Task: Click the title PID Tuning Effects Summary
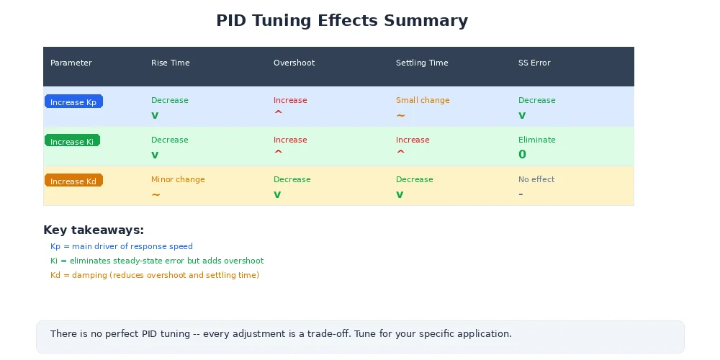point(342,20)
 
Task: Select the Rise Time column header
point(171,63)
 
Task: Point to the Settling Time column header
point(422,63)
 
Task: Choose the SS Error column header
point(534,63)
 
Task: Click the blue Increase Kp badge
point(73,102)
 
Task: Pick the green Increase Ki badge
point(72,142)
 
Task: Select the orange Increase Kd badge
point(73,181)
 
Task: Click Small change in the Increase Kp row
point(423,100)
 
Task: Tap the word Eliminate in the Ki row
point(537,140)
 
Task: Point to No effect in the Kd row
point(536,179)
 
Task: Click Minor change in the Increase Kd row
point(178,179)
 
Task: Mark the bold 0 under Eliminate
point(522,154)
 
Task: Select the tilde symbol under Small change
point(400,115)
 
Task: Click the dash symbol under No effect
point(521,194)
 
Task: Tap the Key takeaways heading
point(94,230)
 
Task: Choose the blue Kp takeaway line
point(122,246)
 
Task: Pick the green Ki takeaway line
point(157,261)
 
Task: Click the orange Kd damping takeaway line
point(155,275)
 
